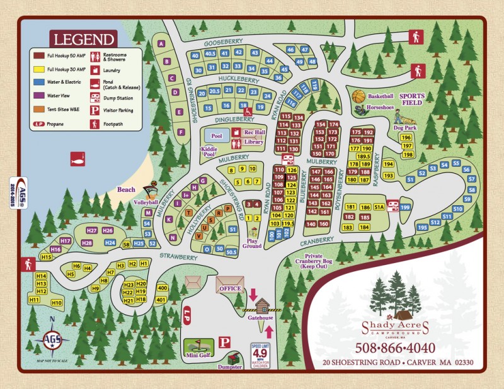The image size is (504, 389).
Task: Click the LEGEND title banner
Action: coord(84,39)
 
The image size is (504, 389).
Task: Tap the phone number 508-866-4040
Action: coord(394,347)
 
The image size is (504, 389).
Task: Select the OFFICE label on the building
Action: coord(230,288)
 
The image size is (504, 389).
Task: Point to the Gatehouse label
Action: coord(260,318)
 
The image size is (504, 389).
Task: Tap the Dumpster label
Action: coord(229,368)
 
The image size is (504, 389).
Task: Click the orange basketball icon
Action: coord(358,96)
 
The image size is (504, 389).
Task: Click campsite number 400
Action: coord(161,288)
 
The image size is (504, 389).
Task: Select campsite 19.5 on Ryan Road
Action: coord(289,223)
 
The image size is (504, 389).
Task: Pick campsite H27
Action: coord(91,230)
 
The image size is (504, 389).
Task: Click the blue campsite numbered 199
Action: coord(405,207)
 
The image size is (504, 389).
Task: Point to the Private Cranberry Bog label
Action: coord(318,261)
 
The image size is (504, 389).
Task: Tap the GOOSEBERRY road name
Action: coord(222,43)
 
